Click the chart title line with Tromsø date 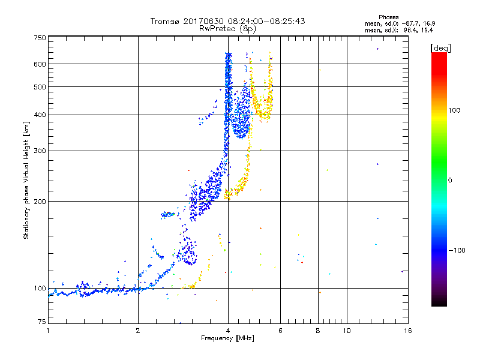coord(227,21)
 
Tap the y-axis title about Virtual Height coord(26,180)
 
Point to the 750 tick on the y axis coord(40,38)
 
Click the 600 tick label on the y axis coord(40,64)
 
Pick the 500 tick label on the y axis coord(40,87)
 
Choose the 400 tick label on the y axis coord(40,115)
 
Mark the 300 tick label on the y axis coord(40,151)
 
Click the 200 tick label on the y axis coord(40,201)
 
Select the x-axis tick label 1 coord(48,330)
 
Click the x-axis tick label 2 coord(138,330)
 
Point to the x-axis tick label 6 coord(280,330)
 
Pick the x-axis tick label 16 coord(407,330)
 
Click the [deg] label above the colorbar coord(441,47)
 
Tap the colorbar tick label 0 coord(450,180)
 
